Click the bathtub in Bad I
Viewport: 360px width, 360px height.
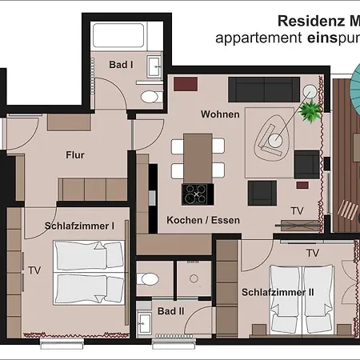118,35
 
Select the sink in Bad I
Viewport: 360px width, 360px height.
154,66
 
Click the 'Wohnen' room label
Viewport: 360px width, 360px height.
220,114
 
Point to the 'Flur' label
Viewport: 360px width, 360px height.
75,155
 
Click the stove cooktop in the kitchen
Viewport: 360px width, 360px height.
196,194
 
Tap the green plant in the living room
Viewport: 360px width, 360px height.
310,111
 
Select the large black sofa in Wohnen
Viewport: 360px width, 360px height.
264,90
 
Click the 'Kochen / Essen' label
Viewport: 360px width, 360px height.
203,220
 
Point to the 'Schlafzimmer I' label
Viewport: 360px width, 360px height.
79,226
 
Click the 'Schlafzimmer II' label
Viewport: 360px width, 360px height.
278,292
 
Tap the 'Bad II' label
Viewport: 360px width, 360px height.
170,311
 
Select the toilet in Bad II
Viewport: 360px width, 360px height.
148,279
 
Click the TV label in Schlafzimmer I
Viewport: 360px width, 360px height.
34,270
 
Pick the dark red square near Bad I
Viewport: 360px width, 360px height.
186,84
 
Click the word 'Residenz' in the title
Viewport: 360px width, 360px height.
311,21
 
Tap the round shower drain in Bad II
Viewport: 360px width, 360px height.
194,278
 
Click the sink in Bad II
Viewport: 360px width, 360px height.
144,323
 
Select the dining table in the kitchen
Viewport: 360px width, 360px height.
198,158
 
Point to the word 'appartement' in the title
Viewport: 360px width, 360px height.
258,38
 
